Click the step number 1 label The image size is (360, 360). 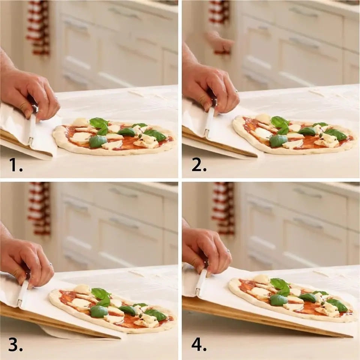click(16, 164)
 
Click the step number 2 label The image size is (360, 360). click(199, 164)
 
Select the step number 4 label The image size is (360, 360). click(199, 345)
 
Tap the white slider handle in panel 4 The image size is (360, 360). click(201, 281)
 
